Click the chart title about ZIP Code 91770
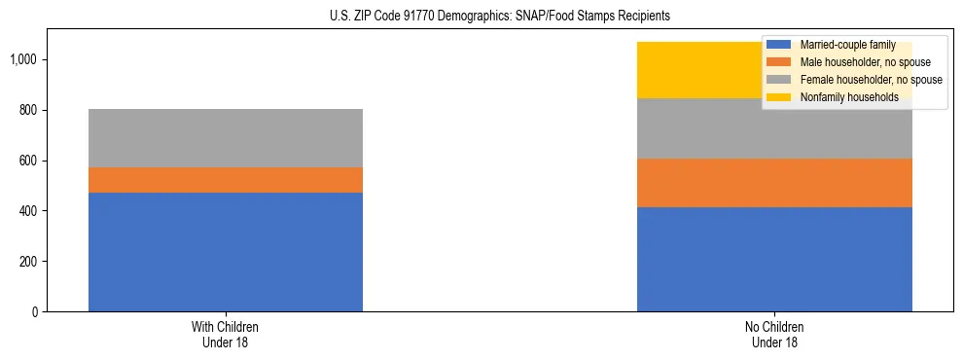481,17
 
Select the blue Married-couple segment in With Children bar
226,252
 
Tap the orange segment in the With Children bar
226,180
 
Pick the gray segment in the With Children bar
226,138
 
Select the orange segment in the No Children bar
774,183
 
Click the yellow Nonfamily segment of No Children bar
700,70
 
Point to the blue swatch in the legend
779,45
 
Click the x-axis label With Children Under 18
226,335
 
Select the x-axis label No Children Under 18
774,335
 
